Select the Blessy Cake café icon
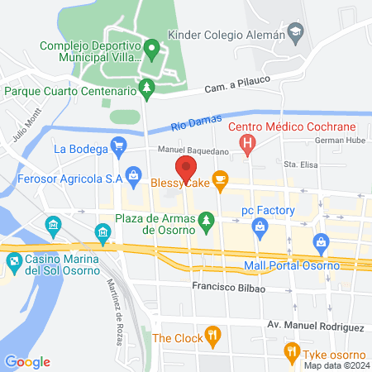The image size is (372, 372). [x=219, y=179]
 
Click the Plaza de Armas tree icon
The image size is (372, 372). [x=207, y=218]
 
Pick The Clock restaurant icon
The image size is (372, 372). [x=213, y=336]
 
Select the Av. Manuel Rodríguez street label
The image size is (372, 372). [x=315, y=327]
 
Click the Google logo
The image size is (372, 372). [x=27, y=362]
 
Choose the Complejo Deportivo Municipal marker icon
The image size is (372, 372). [x=151, y=50]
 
